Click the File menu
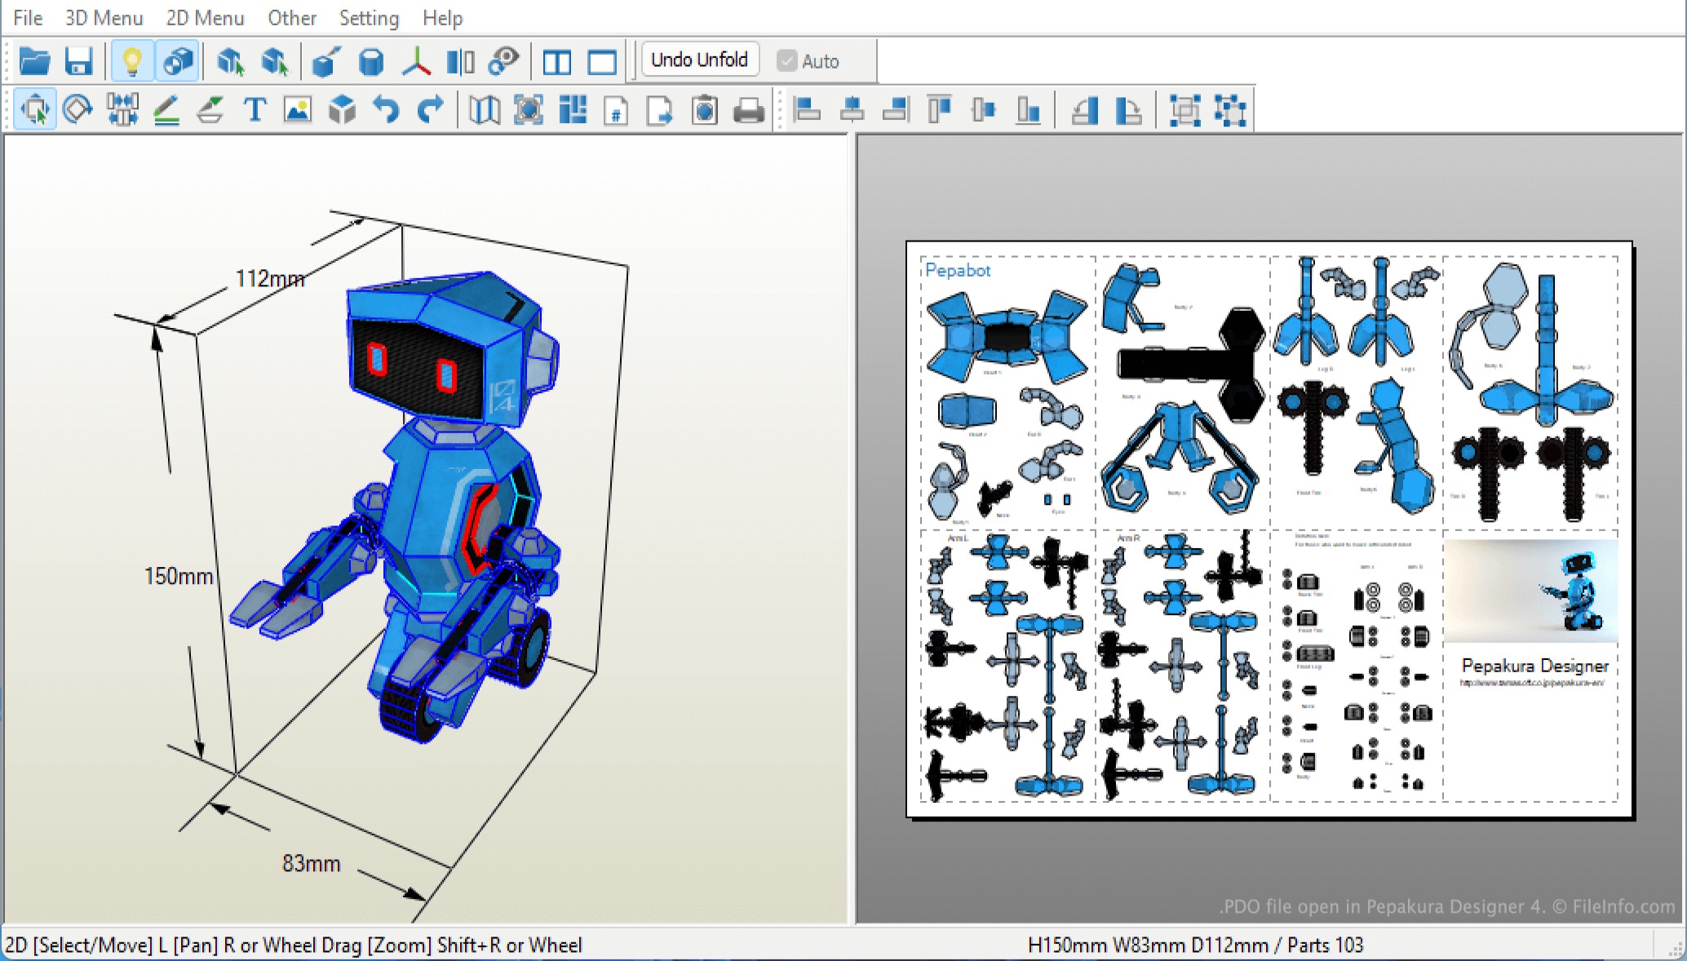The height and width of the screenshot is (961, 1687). click(x=28, y=18)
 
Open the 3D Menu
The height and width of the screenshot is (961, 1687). click(x=104, y=18)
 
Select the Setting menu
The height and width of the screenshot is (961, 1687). click(x=369, y=18)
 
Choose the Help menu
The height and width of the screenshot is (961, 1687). click(x=442, y=18)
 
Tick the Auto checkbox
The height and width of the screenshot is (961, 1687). click(x=787, y=61)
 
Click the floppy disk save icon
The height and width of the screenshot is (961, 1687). click(x=79, y=61)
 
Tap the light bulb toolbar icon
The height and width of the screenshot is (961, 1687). click(x=132, y=61)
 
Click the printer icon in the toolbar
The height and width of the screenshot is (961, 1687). click(x=748, y=110)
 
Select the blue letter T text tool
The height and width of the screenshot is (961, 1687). click(x=255, y=110)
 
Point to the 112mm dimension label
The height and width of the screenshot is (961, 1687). click(x=269, y=279)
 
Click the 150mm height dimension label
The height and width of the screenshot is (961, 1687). click(x=178, y=577)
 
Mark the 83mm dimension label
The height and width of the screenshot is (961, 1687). click(x=311, y=864)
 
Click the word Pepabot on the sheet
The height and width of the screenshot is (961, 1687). click(x=957, y=271)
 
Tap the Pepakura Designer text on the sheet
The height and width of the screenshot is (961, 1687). click(x=1534, y=666)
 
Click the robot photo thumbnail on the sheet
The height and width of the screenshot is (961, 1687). click(x=1530, y=591)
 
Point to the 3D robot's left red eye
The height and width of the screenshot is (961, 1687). click(x=376, y=359)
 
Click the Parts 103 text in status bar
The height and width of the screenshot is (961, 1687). click(x=1326, y=945)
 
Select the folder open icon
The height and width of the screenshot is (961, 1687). click(x=34, y=61)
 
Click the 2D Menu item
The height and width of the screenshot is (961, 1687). click(x=205, y=18)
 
